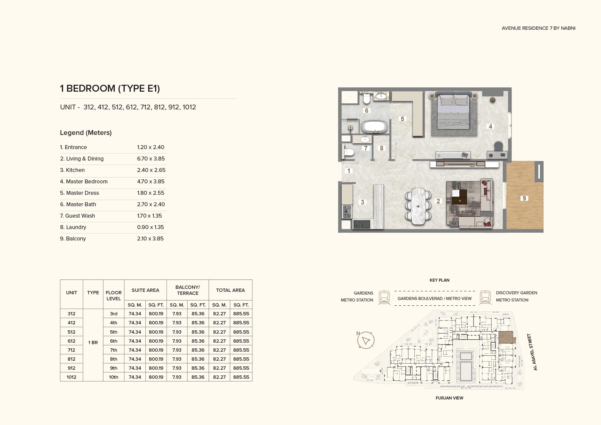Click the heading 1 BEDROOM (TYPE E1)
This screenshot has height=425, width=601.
point(110,88)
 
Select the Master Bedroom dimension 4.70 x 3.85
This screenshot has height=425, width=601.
point(151,182)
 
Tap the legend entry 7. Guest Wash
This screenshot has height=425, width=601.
point(78,216)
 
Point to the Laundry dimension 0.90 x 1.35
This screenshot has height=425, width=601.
point(151,227)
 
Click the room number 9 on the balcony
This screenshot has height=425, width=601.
point(524,198)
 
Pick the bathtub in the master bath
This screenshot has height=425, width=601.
point(374,127)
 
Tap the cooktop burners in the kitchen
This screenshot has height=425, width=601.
point(347,212)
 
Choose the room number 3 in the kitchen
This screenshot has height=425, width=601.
point(362,202)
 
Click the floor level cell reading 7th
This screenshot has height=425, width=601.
point(114,350)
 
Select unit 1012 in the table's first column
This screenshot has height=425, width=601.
point(72,377)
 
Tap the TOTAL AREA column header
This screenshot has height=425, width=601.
point(230,290)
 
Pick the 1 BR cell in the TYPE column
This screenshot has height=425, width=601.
point(93,342)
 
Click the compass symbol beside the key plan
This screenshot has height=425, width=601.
point(366,340)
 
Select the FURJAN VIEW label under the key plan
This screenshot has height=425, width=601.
point(450,398)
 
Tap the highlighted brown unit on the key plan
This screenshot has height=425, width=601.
point(506,337)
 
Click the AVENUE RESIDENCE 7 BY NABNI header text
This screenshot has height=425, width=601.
point(538,28)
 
